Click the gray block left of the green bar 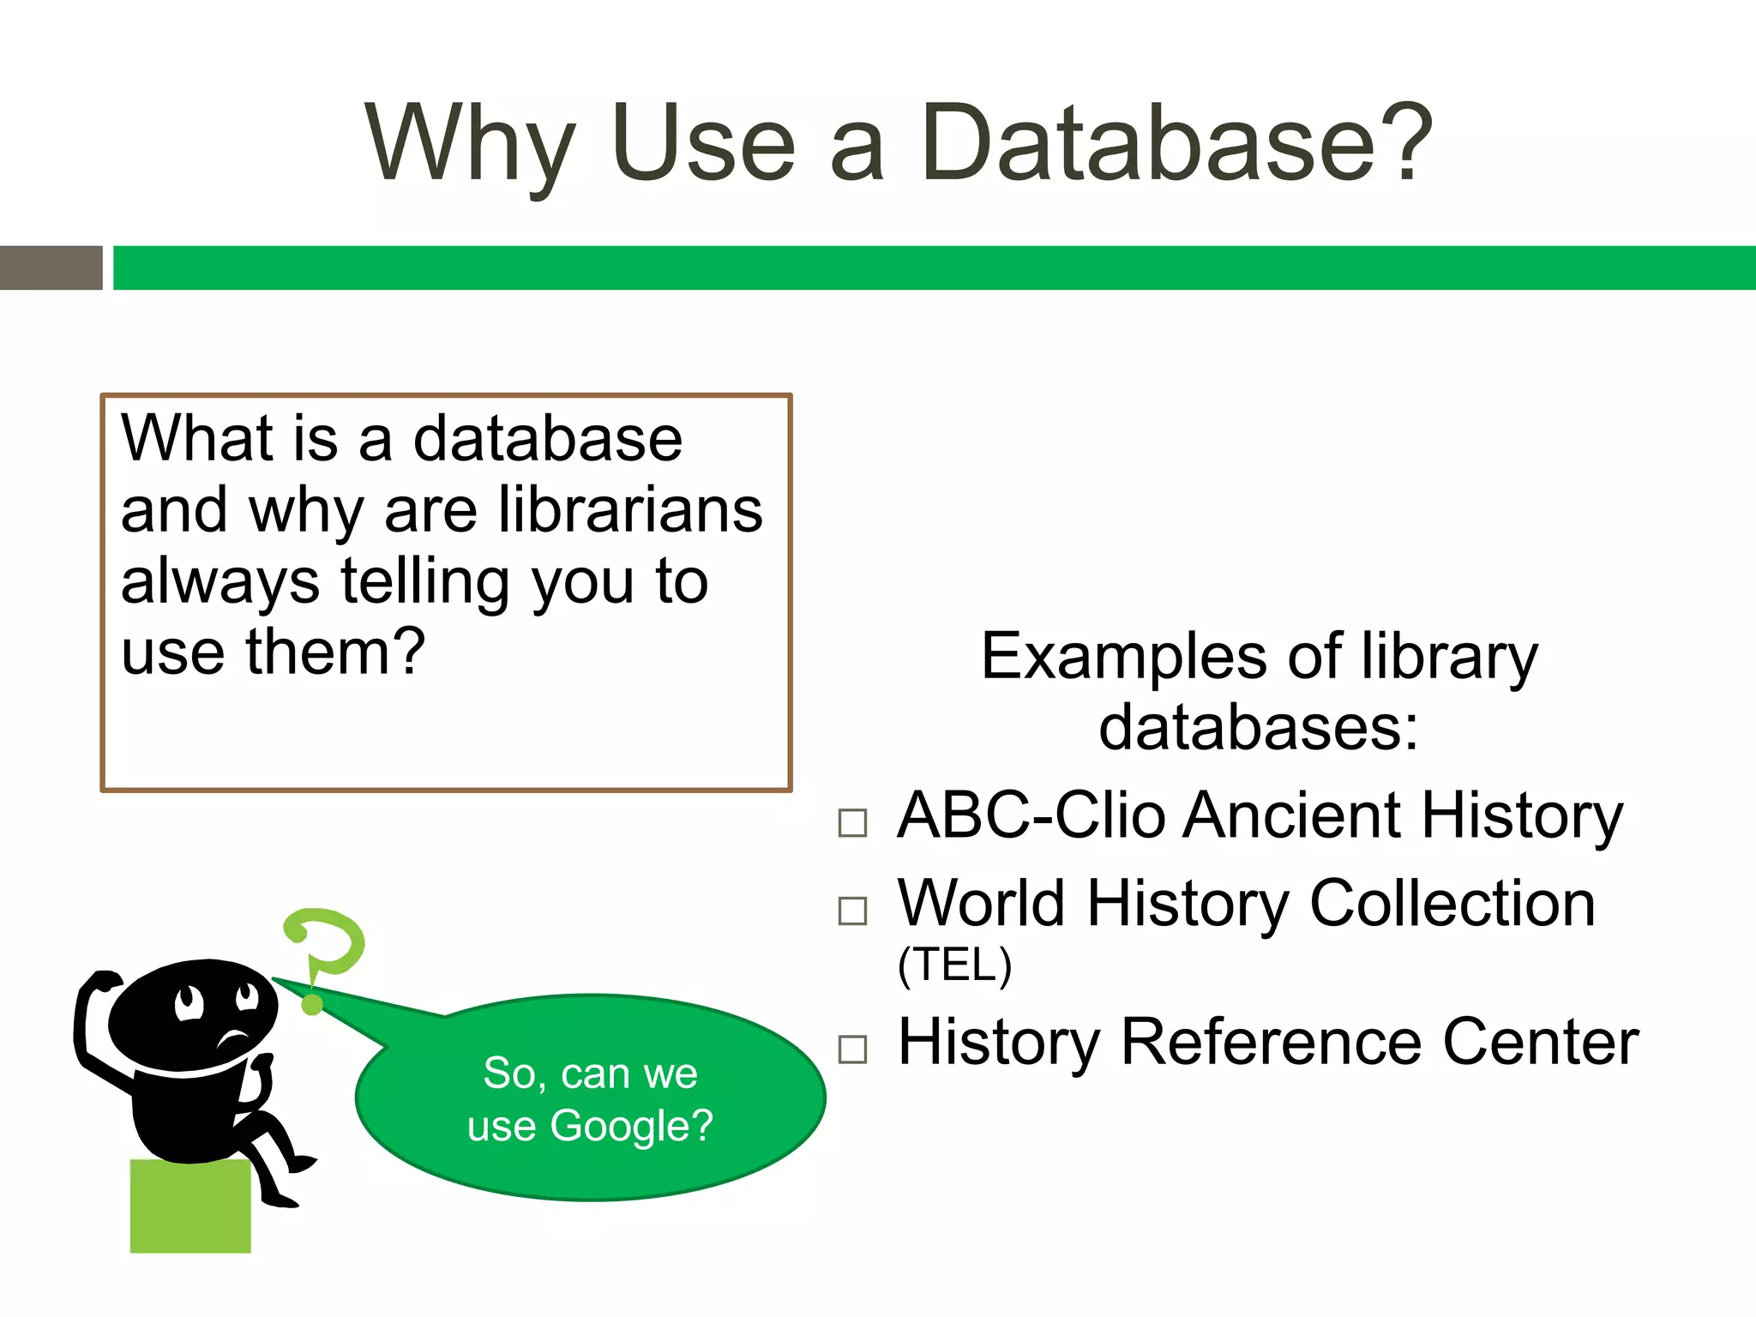[51, 268]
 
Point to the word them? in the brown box [335, 652]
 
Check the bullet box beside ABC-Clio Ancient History [852, 823]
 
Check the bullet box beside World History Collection [852, 911]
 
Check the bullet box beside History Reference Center [852, 1049]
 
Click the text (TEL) [954, 965]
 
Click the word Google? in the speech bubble [631, 1126]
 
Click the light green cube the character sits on [190, 1207]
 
